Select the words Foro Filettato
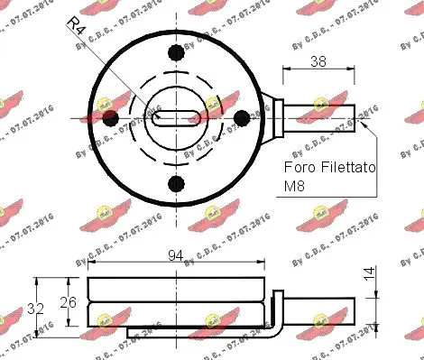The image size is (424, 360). tap(330, 167)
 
